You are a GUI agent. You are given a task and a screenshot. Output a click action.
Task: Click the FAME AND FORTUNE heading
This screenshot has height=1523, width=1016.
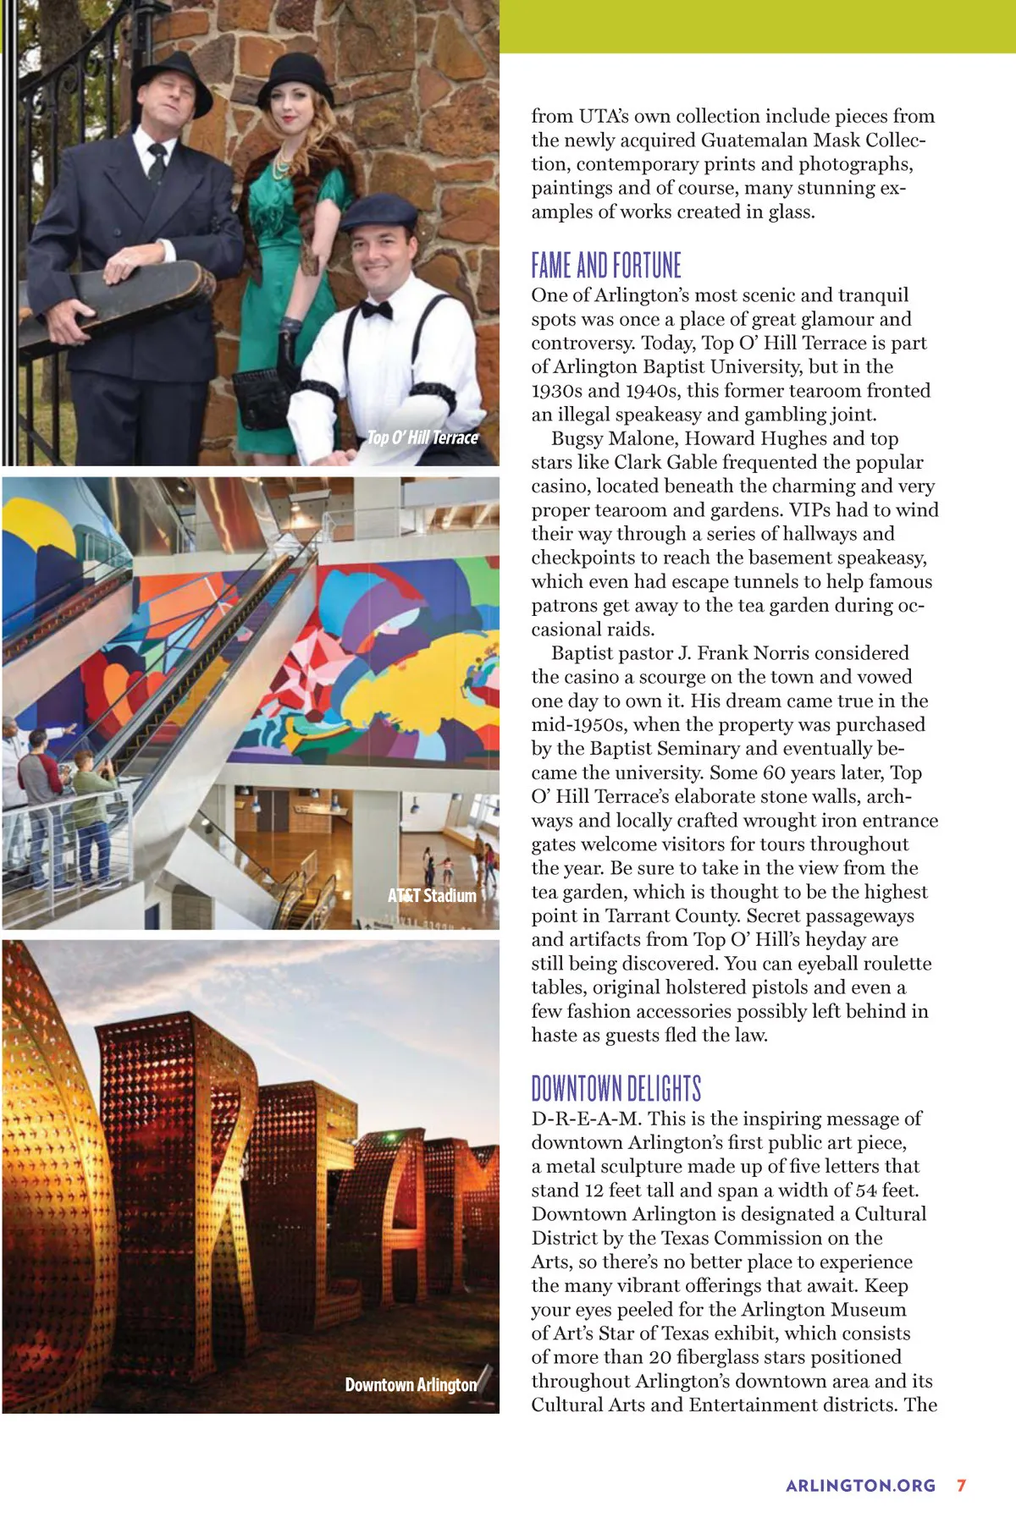point(605,266)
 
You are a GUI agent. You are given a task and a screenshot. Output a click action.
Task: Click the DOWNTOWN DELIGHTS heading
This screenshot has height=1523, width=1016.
point(616,1089)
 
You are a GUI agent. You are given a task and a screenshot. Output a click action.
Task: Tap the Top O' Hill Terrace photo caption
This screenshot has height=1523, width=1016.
point(422,437)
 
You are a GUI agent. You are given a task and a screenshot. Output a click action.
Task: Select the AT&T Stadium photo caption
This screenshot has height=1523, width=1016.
point(432,895)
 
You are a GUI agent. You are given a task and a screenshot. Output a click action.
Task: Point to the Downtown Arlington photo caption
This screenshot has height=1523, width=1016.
point(411,1384)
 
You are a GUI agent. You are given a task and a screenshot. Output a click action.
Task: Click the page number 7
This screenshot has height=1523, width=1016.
point(961,1485)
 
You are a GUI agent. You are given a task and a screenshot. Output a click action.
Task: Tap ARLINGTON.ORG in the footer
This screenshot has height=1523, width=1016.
point(860,1486)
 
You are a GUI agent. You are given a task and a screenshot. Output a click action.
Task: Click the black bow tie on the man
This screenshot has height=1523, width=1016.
point(376,310)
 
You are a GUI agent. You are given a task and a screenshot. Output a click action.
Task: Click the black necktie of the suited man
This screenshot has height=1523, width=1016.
point(157,161)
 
